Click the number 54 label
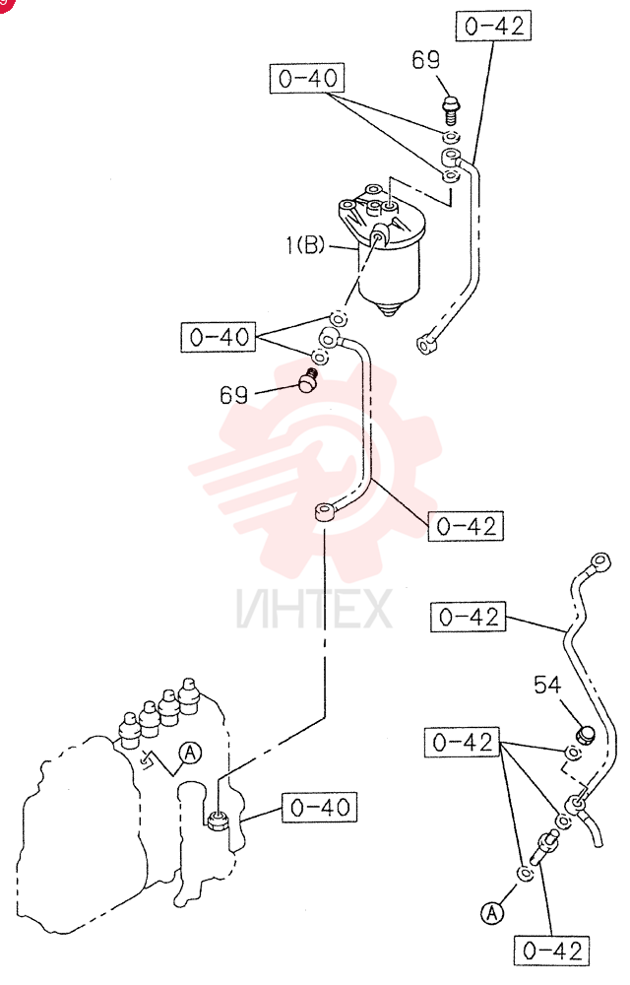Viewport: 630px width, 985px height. click(x=546, y=685)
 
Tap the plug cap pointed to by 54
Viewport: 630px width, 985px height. click(x=584, y=734)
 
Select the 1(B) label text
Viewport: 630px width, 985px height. click(x=305, y=245)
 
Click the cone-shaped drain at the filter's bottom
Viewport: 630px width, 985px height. click(x=390, y=307)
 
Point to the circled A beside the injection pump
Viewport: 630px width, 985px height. click(x=190, y=753)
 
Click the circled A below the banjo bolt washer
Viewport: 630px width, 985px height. click(x=492, y=912)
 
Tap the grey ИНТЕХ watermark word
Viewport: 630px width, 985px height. click(x=314, y=608)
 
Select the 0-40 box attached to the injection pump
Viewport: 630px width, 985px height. click(x=319, y=808)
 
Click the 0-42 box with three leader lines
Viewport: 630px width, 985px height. click(x=463, y=743)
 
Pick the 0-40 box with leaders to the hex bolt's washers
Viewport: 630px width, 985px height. click(x=307, y=79)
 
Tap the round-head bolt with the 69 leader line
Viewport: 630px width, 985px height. click(x=307, y=380)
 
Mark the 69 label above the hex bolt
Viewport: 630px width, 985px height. click(x=426, y=60)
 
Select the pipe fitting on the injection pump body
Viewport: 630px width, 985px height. click(x=218, y=820)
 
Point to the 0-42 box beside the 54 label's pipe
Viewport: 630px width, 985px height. click(x=469, y=617)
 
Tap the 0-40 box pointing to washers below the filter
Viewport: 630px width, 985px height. click(x=219, y=337)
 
